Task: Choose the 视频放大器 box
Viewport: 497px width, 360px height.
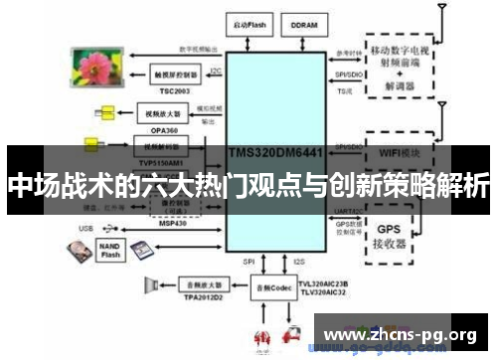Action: pyautogui.click(x=157, y=114)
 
